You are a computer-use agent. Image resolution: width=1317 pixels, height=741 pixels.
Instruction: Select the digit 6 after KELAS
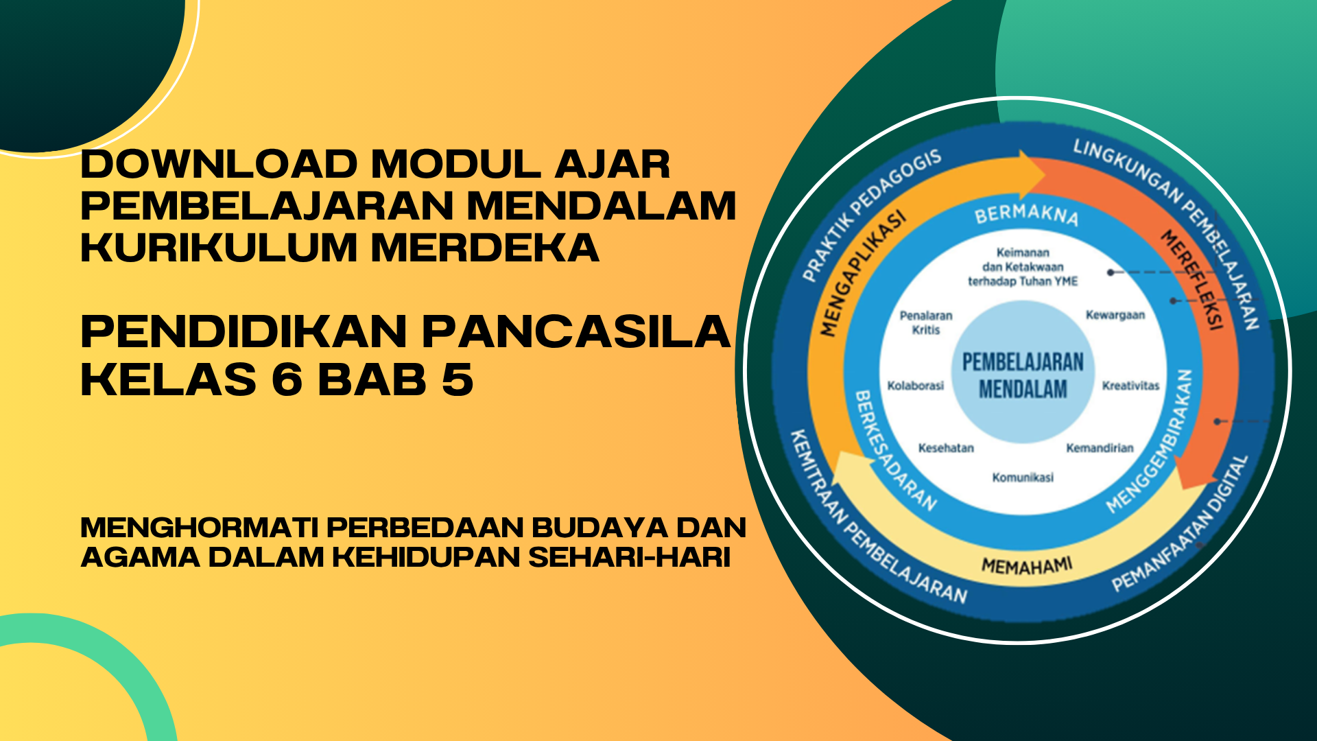(x=287, y=379)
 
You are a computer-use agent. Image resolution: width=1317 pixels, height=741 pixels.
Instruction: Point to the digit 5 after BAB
(x=458, y=379)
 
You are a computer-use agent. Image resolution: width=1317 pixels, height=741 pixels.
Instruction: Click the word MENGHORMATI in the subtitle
(x=199, y=528)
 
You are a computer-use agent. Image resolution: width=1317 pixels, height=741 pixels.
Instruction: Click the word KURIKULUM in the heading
(x=219, y=248)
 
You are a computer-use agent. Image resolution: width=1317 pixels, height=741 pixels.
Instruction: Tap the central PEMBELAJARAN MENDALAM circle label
(x=1023, y=375)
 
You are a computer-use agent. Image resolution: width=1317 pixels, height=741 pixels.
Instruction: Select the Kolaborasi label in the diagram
(x=915, y=386)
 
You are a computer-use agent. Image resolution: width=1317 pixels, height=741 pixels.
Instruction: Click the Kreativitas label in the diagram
(x=1130, y=386)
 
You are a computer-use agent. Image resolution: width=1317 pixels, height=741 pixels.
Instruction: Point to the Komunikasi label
(x=1023, y=478)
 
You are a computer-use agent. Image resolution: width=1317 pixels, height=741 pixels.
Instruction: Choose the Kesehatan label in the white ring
(x=946, y=448)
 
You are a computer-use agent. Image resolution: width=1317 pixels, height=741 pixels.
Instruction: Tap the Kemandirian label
(x=1100, y=448)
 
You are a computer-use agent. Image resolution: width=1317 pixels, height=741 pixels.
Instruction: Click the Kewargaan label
(x=1115, y=315)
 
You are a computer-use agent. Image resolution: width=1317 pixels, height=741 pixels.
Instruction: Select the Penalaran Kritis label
(x=926, y=322)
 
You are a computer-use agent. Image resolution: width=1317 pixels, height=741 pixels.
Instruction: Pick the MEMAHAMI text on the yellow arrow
(x=1027, y=566)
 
